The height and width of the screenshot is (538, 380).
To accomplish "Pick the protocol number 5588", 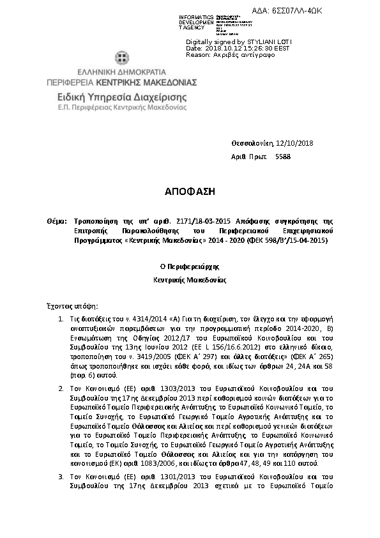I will pos(282,156).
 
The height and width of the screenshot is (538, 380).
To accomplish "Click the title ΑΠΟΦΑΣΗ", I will pos(190,192).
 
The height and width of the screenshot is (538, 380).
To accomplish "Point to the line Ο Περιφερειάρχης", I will pos(190,268).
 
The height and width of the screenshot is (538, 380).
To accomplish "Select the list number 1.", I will pos(60,318).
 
